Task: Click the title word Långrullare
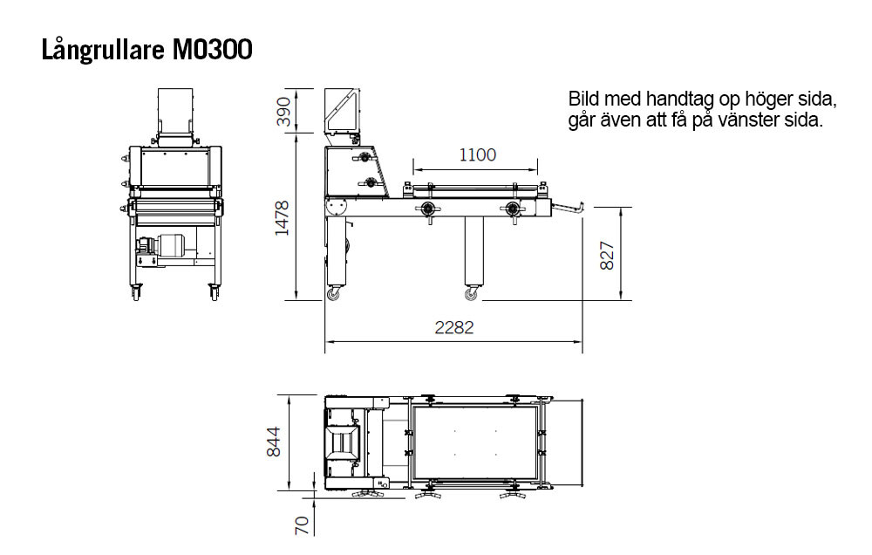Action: (103, 50)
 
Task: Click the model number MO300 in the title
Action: (213, 50)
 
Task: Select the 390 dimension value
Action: (283, 112)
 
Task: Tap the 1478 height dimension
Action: (283, 217)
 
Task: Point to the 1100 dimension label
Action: (477, 154)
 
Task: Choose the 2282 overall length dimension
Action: (453, 327)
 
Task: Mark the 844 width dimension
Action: (273, 442)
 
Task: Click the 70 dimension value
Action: (301, 525)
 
